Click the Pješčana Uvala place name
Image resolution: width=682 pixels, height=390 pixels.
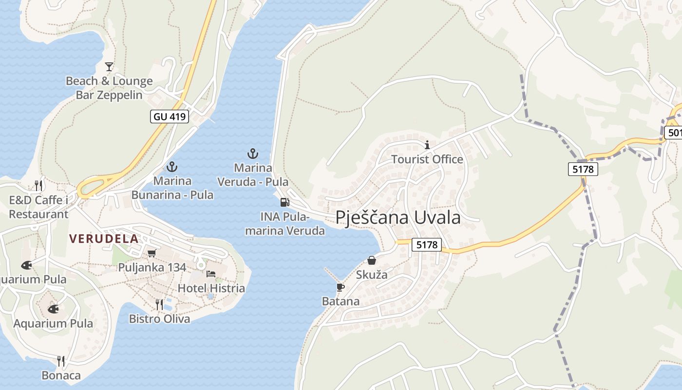[398, 217]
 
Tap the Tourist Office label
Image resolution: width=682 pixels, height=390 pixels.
[427, 159]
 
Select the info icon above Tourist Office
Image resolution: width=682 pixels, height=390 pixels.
[427, 145]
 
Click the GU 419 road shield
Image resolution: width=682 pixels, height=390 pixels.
[170, 117]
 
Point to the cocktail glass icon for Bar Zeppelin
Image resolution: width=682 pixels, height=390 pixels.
[109, 66]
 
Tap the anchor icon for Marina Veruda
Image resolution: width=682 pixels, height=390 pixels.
[252, 154]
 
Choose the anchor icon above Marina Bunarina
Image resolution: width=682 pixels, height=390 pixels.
[172, 167]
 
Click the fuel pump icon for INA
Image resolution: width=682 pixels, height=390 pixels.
[284, 202]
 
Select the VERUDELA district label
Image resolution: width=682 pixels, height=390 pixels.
[104, 239]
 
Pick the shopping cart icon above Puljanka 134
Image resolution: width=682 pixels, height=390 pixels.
[152, 253]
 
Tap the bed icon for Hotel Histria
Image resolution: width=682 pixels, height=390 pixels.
[211, 274]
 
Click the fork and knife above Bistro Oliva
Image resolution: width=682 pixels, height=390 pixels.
[159, 305]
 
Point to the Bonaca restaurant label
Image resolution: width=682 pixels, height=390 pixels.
[61, 375]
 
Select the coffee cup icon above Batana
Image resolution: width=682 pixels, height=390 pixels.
[341, 287]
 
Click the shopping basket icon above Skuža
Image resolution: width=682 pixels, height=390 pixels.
[372, 260]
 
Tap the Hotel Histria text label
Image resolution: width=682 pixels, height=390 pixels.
[211, 288]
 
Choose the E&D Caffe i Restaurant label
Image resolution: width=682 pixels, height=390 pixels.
[38, 207]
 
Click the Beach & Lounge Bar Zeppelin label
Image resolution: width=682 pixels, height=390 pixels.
[109, 88]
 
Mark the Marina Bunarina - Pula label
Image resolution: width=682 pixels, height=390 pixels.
[172, 188]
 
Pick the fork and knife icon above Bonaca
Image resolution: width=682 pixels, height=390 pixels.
[61, 361]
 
